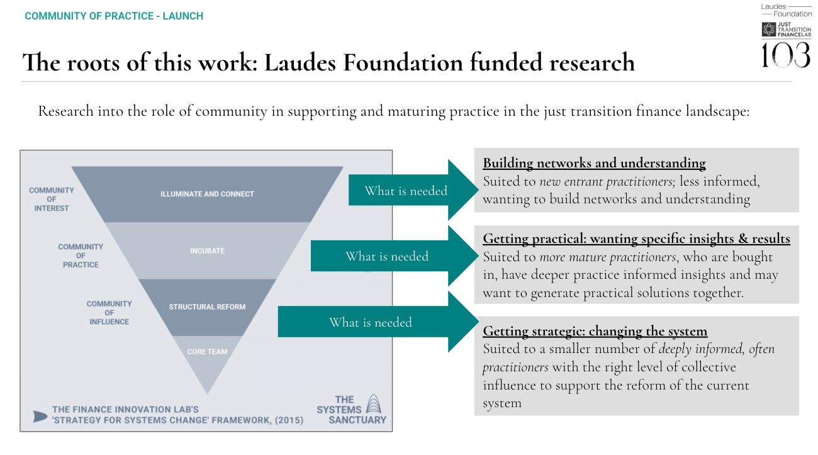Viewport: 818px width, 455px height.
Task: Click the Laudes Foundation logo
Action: pos(786,10)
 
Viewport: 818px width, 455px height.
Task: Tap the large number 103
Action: pos(786,55)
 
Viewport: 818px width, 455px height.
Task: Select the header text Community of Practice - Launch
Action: pos(114,16)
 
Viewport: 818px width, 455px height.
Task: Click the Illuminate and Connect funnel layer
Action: pos(207,194)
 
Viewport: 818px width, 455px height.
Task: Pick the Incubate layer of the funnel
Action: pos(207,250)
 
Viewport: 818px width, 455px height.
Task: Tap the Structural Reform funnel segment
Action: pos(207,307)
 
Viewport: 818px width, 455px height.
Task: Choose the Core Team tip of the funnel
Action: pos(207,351)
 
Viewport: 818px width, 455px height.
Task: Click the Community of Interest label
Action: pos(52,199)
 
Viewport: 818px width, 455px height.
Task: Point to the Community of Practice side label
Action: pos(81,256)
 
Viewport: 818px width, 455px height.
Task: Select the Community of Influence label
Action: pos(109,312)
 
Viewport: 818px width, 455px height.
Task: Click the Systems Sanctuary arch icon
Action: pos(373,404)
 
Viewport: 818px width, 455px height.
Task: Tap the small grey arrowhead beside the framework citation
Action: pos(40,416)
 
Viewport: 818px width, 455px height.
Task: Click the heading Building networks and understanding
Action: pos(594,164)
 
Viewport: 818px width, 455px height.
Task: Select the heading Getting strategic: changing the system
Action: pos(595,332)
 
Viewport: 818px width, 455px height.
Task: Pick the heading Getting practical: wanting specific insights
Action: pos(636,239)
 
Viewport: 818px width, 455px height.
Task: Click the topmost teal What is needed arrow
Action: pos(412,191)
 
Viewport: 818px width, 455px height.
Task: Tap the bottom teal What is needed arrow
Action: pos(378,322)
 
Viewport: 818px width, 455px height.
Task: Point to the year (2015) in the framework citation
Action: pos(285,420)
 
